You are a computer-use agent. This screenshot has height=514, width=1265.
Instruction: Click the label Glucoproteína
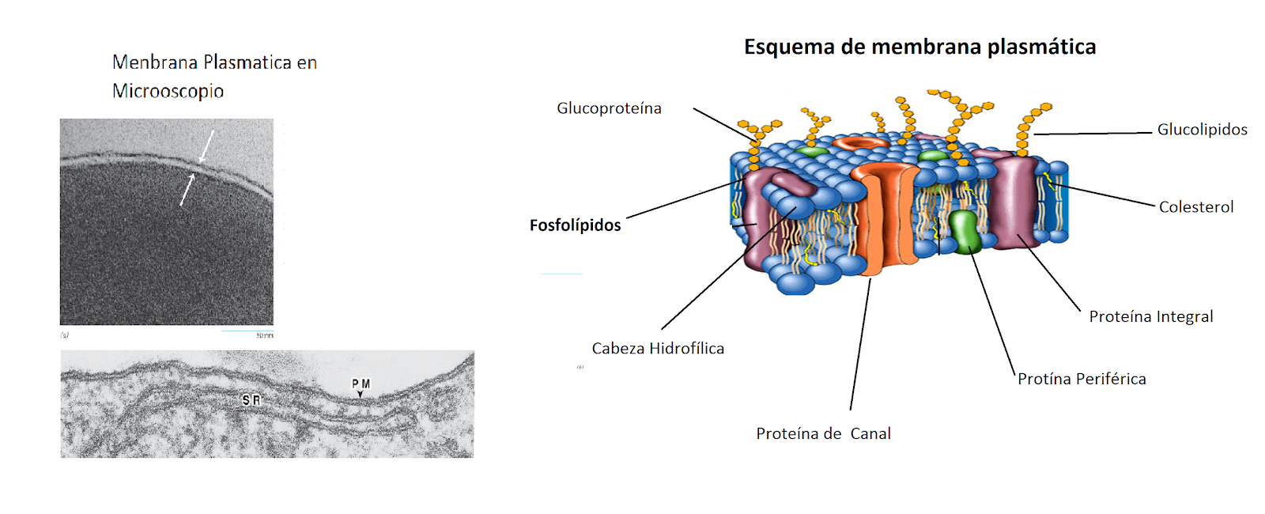(x=609, y=108)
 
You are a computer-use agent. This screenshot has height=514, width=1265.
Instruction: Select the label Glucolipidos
(x=1202, y=130)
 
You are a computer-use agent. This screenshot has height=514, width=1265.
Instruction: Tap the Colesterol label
(x=1195, y=207)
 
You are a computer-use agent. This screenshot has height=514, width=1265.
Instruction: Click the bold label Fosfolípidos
(x=575, y=225)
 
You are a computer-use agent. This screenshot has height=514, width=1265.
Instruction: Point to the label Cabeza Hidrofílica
(x=658, y=349)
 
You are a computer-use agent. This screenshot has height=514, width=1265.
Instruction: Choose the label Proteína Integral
(x=1150, y=317)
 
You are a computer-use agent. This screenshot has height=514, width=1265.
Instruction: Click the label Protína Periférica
(x=1082, y=380)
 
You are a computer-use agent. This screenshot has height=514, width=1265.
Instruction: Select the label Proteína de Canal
(x=823, y=434)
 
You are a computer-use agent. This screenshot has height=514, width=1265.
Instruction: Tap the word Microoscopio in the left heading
(x=168, y=92)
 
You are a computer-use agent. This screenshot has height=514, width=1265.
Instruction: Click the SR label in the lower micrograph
(x=251, y=401)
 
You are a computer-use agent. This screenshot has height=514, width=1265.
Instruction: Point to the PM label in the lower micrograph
(x=361, y=384)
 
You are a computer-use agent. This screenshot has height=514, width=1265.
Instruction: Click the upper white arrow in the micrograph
(x=206, y=146)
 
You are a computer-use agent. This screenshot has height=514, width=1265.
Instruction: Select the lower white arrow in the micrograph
(x=187, y=190)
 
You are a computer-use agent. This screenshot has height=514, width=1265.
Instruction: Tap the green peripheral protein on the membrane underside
(x=965, y=231)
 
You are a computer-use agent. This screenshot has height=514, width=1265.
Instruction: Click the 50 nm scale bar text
(x=264, y=336)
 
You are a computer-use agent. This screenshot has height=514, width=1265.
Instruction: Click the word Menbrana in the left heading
(x=154, y=62)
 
